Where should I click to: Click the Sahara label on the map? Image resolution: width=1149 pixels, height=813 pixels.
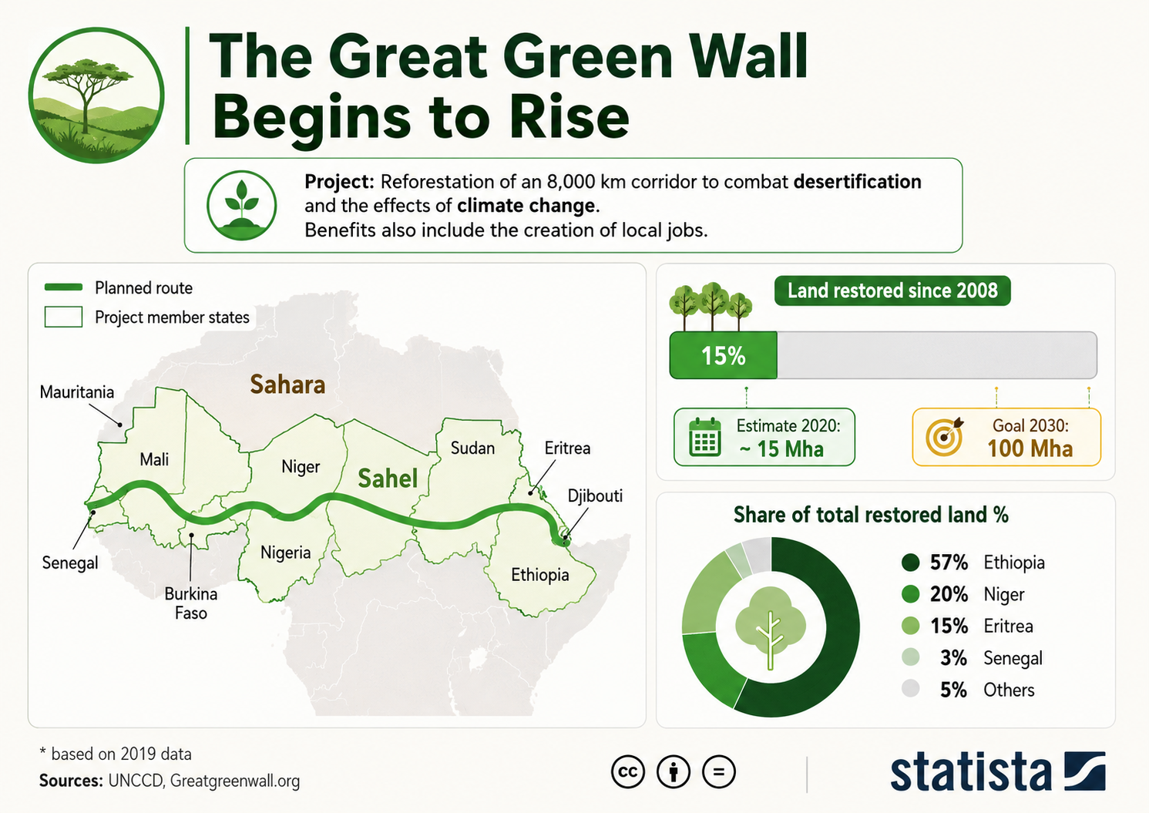tap(287, 385)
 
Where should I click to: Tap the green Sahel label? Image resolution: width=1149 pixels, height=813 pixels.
tap(388, 479)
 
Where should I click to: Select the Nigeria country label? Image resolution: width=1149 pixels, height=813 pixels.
tap(286, 553)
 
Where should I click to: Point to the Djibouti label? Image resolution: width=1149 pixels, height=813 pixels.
tap(595, 496)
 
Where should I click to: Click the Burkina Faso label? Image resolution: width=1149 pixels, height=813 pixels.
tap(191, 603)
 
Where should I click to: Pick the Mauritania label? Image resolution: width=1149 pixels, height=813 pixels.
tap(77, 392)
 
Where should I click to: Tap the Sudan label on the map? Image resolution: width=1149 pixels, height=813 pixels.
tap(472, 448)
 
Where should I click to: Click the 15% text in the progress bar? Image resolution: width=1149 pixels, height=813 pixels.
tap(724, 356)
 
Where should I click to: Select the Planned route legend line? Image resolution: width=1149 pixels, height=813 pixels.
tap(64, 287)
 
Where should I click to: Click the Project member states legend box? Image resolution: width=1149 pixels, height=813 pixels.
tap(64, 317)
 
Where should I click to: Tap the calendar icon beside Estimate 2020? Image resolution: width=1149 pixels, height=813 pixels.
tap(705, 437)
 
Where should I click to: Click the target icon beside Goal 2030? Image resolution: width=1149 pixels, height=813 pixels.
tap(944, 437)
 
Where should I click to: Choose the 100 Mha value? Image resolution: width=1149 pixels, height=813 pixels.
tap(1030, 448)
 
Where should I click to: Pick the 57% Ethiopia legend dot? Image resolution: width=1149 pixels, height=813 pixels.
tap(910, 563)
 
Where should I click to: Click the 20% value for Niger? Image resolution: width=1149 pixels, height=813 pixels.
tap(949, 594)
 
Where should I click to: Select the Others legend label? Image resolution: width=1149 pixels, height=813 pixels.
tap(1009, 690)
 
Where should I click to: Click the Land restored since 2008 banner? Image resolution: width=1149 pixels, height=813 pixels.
tap(892, 291)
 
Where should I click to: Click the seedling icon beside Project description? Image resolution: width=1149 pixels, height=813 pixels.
tap(242, 205)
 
